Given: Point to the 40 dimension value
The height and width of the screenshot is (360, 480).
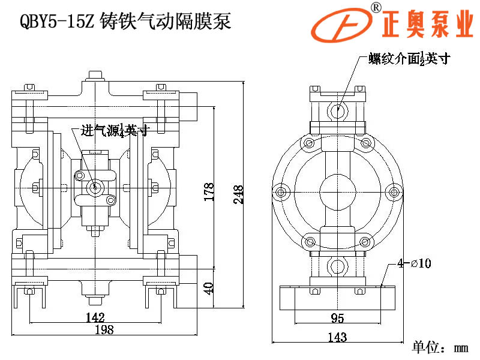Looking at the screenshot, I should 209,287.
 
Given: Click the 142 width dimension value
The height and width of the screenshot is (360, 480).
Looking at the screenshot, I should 95,317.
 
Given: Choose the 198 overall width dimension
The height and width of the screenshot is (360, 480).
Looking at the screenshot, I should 103,329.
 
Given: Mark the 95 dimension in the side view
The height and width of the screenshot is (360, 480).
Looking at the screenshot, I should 337,317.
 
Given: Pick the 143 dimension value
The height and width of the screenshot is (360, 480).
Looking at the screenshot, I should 337,337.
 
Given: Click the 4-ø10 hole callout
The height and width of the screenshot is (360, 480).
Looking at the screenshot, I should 414,263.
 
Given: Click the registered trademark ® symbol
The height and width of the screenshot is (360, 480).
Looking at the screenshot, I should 376,7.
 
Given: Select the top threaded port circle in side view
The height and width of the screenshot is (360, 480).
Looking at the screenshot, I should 338,110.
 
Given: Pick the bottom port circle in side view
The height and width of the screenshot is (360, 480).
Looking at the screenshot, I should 338,265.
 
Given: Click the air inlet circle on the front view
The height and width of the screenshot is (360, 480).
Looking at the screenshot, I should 94,188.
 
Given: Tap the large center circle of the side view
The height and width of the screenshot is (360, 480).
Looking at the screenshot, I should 338,191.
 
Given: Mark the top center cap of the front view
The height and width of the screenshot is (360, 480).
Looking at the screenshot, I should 94,76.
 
